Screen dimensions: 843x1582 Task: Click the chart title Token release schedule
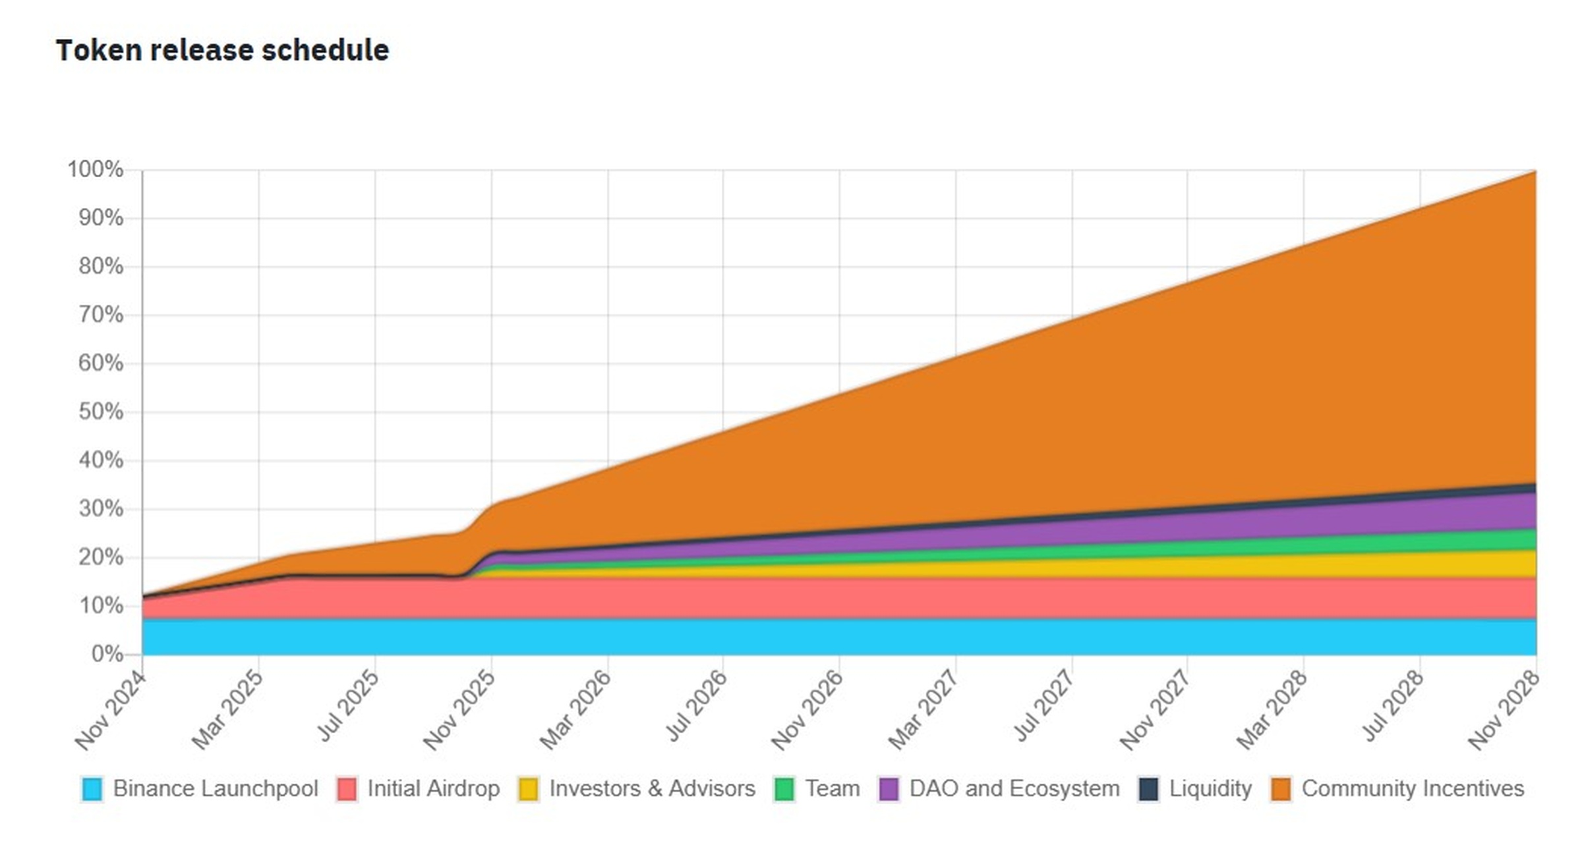click(222, 50)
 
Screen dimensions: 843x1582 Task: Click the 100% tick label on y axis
click(95, 169)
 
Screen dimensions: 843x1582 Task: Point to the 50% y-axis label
click(100, 412)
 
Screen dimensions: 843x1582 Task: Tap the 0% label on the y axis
click(107, 654)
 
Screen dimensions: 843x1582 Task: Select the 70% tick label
click(100, 315)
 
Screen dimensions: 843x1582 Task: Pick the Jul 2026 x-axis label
click(696, 706)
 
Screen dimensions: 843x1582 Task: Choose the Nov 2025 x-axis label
click(459, 710)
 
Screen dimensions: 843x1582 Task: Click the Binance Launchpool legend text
click(215, 788)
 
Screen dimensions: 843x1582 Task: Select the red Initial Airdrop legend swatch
click(347, 789)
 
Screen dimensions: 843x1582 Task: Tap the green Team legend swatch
click(784, 789)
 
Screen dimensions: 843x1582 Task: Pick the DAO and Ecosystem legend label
click(1014, 788)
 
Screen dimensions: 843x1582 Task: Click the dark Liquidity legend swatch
click(1148, 789)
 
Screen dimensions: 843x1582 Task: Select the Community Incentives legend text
click(1413, 788)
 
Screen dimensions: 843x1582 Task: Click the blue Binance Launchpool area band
click(791, 636)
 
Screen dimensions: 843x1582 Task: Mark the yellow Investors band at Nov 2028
click(1516, 564)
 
